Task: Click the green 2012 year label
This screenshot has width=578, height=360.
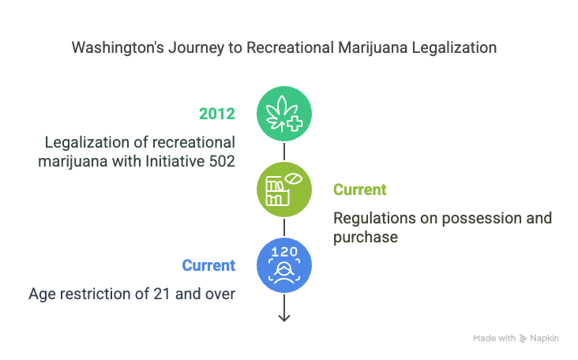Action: tap(216, 114)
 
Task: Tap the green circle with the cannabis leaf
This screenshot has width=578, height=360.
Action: tap(284, 114)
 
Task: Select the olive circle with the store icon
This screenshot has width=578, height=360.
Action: tap(284, 189)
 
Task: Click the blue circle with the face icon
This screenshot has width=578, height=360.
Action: tap(284, 265)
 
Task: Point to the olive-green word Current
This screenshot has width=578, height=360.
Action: tap(360, 189)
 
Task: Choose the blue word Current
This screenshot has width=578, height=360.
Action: tap(208, 265)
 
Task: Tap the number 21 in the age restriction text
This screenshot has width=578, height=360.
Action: tap(162, 294)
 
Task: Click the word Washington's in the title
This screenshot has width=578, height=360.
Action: tap(118, 48)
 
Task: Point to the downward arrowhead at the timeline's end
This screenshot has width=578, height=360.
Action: tap(284, 317)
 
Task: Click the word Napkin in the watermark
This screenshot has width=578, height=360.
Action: tap(545, 338)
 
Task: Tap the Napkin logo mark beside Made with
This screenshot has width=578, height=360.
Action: tap(523, 338)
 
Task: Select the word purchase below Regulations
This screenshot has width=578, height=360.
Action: tap(366, 238)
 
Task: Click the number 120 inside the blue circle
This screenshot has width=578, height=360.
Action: tap(284, 252)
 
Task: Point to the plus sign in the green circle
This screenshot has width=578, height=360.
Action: tap(295, 124)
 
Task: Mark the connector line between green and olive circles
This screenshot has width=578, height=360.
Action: tap(284, 152)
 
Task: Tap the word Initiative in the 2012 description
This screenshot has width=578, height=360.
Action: tap(175, 161)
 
